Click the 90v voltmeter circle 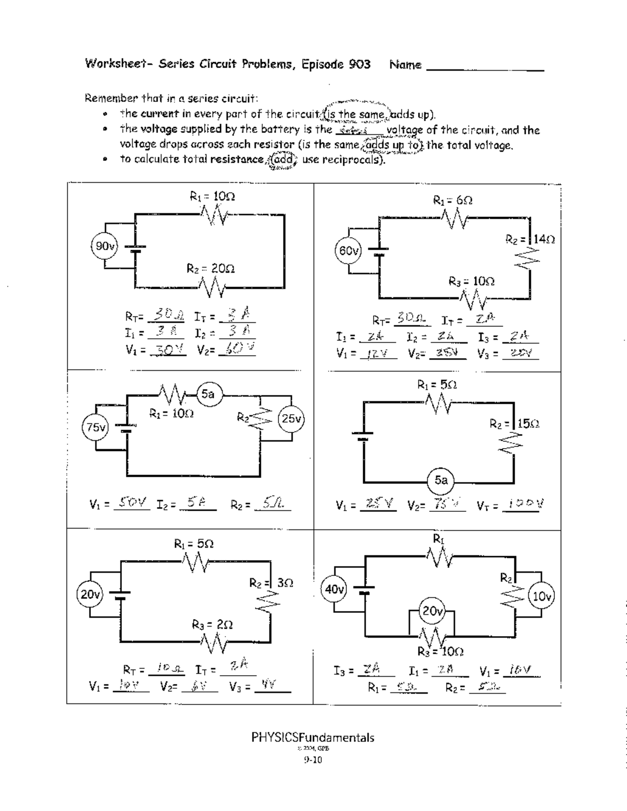(104, 246)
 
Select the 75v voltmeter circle (96, 428)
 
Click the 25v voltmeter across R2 (292, 418)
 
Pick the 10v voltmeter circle (542, 596)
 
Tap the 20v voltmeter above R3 (433, 610)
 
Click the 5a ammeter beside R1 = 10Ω (208, 394)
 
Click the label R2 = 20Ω (211, 268)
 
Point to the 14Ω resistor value (544, 239)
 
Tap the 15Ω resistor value (529, 424)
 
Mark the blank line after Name (485, 68)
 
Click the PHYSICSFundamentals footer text (312, 738)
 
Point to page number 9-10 (313, 760)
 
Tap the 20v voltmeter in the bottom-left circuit (90, 594)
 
